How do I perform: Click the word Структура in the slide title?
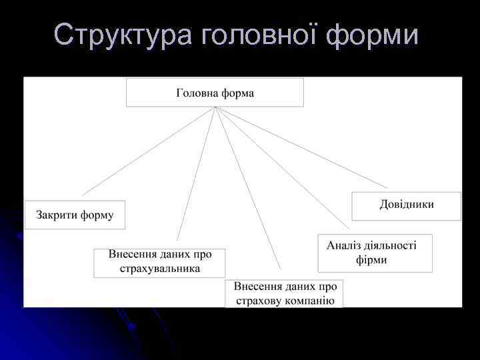pyautogui.click(x=121, y=35)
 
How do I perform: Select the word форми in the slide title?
pyautogui.click(x=373, y=35)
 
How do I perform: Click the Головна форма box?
pyautogui.click(x=215, y=93)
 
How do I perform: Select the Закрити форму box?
pyautogui.click(x=75, y=215)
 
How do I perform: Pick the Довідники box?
pyautogui.click(x=406, y=205)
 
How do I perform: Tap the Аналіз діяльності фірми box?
pyautogui.click(x=375, y=253)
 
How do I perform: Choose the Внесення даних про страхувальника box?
pyautogui.click(x=159, y=263)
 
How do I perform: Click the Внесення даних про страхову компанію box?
pyautogui.click(x=284, y=293)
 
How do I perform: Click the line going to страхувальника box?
pyautogui.click(x=196, y=173)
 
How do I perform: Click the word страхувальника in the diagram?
pyautogui.click(x=160, y=269)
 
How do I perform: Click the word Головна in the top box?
pyautogui.click(x=197, y=93)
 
